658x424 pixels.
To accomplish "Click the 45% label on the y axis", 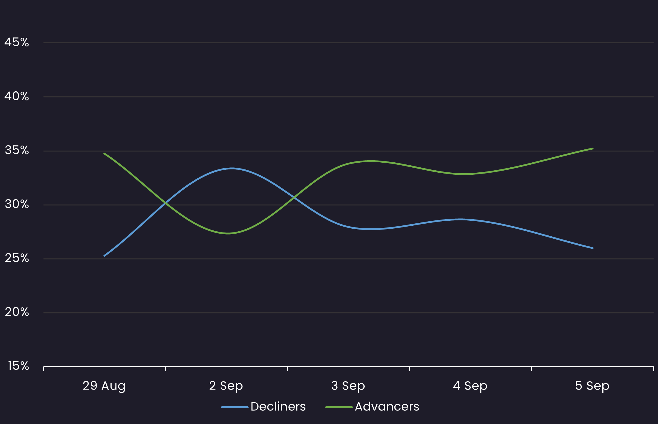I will click(17, 42).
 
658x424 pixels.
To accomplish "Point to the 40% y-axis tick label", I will click(17, 96).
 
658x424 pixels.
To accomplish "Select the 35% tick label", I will click(17, 150).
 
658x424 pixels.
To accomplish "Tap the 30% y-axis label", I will click(17, 204).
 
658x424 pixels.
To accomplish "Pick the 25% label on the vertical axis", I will click(17, 258).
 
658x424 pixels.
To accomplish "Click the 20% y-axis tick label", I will click(17, 312).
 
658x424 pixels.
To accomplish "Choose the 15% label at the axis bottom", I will click(18, 366).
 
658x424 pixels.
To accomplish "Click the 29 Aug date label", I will click(104, 386).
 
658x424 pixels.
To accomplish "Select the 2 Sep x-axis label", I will click(226, 386).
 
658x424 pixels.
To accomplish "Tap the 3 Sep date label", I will click(348, 386).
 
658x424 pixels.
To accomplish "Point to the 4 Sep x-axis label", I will click(470, 386).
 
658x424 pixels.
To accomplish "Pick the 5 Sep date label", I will click(592, 386).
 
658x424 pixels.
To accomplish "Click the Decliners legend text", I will click(278, 407).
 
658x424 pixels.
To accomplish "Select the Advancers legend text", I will click(387, 407).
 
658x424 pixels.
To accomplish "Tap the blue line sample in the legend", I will click(235, 407).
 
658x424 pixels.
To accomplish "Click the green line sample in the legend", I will click(339, 407).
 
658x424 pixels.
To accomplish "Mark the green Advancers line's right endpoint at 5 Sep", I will click(593, 149).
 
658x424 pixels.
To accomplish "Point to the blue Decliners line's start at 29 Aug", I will click(104, 256).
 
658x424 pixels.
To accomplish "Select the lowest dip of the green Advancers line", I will click(229, 233).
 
